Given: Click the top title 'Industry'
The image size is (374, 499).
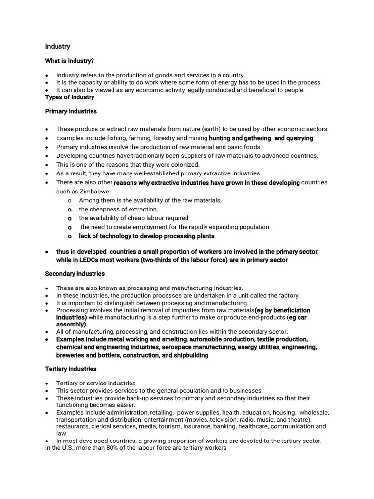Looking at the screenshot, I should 57,46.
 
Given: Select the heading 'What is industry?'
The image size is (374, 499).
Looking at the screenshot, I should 70,61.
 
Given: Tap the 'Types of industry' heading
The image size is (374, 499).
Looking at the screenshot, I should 70,97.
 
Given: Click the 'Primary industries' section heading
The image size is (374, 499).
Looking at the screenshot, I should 71,111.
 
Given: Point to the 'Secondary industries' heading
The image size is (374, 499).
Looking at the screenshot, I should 75,274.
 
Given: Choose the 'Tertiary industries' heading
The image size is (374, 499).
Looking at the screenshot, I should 71,369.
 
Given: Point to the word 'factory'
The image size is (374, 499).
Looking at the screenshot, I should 287,295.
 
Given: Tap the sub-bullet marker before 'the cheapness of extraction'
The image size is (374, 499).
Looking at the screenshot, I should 70,209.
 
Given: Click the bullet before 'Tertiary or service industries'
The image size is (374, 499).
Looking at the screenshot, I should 46,384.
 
